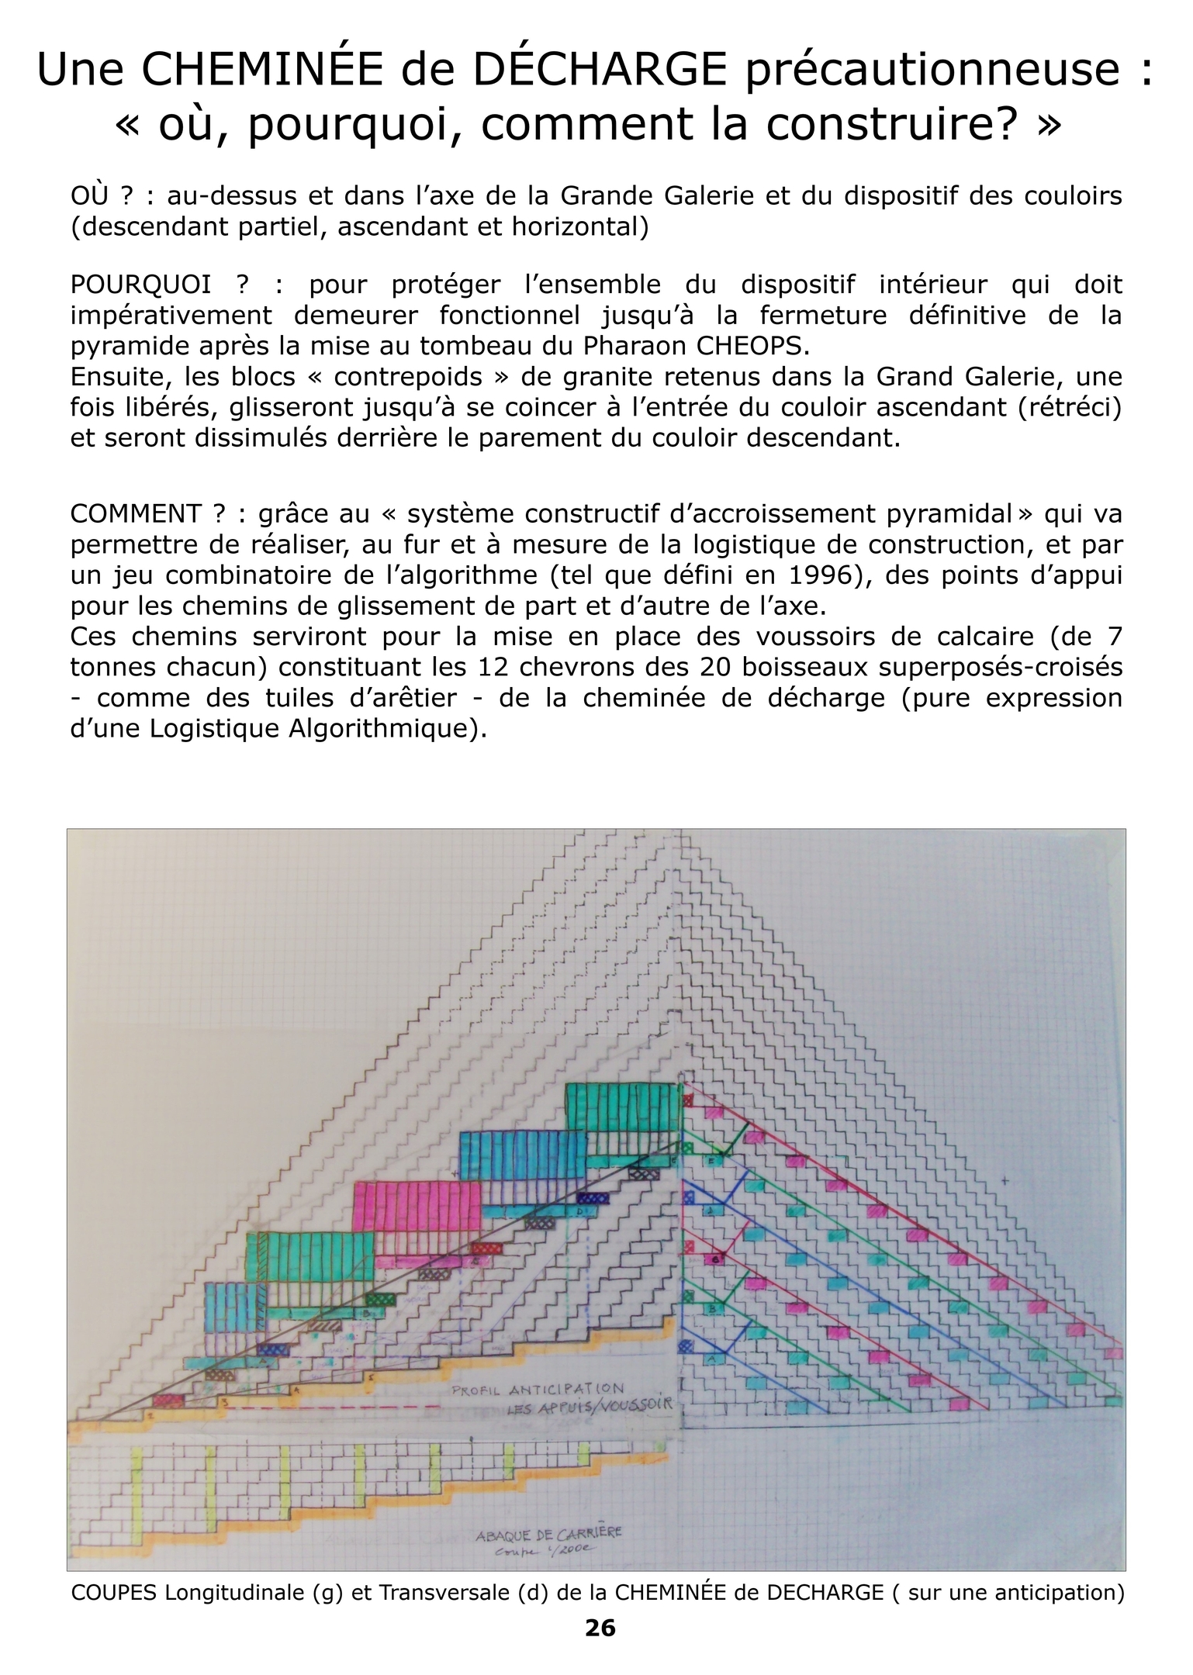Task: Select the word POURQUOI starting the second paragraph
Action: click(140, 285)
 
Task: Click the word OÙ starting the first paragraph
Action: click(89, 195)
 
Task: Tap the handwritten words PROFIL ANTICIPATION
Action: click(538, 1389)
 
